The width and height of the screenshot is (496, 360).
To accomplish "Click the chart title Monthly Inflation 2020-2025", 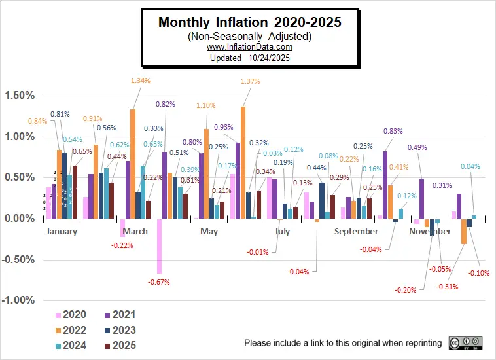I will click(250, 22).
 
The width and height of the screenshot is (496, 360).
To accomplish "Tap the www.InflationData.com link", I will click(249, 47).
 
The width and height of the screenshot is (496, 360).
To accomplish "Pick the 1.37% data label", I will click(251, 82).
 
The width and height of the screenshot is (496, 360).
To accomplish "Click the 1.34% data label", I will click(141, 81).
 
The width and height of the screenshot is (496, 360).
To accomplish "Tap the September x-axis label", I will click(356, 232).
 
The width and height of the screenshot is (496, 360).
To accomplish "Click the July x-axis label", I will click(282, 232).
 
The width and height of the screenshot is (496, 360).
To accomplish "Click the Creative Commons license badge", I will click(465, 343).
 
